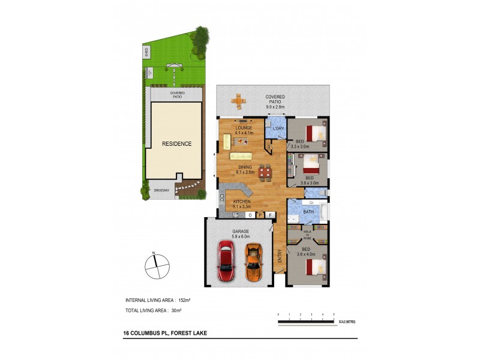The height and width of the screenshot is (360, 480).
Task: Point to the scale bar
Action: (305, 322)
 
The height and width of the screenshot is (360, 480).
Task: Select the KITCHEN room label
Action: (242, 202)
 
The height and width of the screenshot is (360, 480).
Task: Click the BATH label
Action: (308, 212)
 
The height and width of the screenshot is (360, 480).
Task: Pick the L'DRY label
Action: (278, 129)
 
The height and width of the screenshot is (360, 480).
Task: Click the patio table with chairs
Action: (239, 101)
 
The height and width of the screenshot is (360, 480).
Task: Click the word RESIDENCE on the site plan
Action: (176, 144)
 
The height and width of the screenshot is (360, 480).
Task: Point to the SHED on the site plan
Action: (146, 52)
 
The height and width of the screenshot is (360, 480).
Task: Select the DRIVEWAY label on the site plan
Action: (161, 190)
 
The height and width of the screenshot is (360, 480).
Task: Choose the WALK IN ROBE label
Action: (307, 232)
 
